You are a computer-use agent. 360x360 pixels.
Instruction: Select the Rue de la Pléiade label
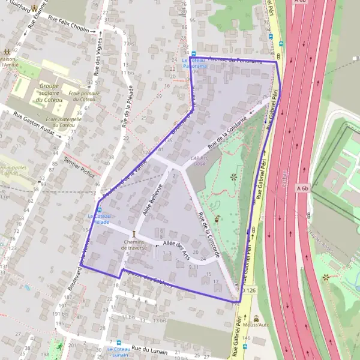125,107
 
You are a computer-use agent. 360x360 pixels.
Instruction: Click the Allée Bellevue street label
153,200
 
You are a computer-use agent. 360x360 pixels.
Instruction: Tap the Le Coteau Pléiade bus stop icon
98,209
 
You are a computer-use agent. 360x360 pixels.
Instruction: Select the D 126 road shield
248,290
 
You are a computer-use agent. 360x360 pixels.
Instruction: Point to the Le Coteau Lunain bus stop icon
118,342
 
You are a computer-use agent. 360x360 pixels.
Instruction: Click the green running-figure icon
59,347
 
